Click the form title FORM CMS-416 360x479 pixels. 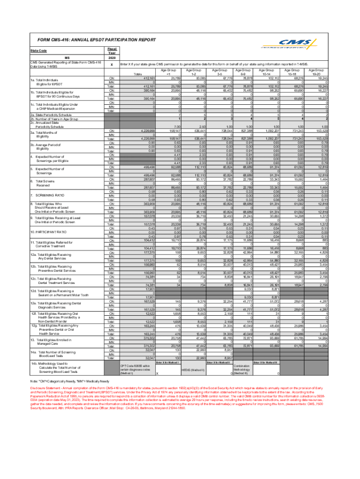coord(92,41)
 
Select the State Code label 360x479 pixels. coord(38,51)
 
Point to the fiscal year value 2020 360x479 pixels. coord(111,57)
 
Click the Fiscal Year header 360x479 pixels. coord(111,51)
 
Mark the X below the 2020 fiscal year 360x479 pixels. coord(111,64)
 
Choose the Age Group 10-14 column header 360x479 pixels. coord(266,72)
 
